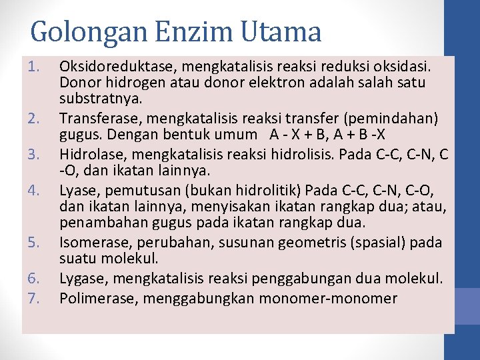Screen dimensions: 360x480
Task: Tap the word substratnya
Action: click(x=97, y=99)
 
